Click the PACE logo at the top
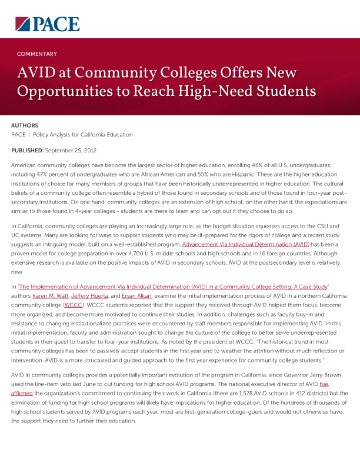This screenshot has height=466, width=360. coord(48,24)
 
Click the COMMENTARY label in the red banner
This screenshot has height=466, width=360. coord(37,54)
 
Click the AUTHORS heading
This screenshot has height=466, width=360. coord(25,125)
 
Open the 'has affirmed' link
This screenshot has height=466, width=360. coord(324,384)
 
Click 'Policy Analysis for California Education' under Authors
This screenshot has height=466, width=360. coord(83,135)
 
